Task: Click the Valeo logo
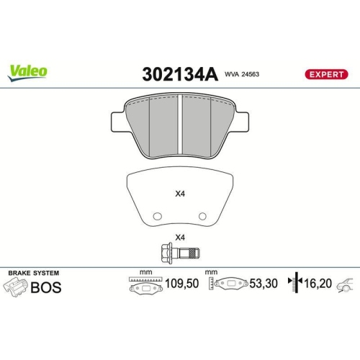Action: [28, 70]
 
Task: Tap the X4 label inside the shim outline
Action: [180, 193]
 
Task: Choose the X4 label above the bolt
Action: [180, 238]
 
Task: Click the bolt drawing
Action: [181, 253]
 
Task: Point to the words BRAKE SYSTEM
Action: [33, 274]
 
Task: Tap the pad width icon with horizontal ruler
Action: [145, 285]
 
